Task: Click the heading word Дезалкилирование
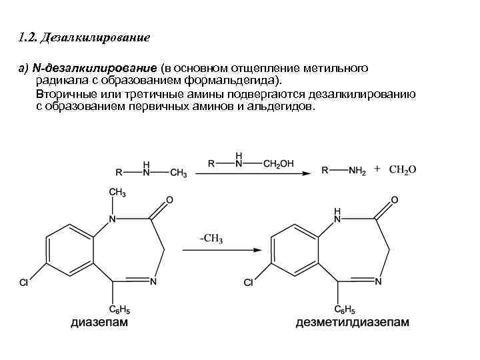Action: click(95, 38)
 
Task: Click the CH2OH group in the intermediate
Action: click(278, 163)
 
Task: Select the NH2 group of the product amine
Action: click(357, 171)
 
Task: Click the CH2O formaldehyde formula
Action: click(402, 170)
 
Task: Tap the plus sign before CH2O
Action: click(377, 169)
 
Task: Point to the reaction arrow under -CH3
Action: click(221, 250)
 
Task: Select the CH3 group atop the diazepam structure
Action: click(117, 193)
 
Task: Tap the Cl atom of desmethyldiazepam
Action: click(249, 283)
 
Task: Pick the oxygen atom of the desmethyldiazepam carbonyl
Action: click(395, 199)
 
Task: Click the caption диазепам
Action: click(99, 323)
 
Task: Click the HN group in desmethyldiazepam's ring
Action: click(337, 214)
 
